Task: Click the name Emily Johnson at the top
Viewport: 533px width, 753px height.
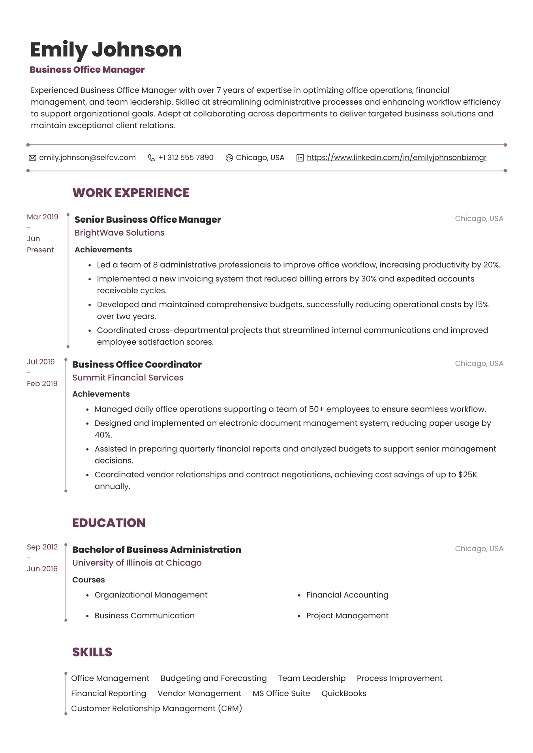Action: [x=105, y=50]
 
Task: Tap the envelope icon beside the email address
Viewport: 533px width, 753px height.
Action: [x=32, y=158]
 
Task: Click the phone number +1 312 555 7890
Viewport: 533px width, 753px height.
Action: [x=186, y=158]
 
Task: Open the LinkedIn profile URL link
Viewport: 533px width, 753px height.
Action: [x=396, y=158]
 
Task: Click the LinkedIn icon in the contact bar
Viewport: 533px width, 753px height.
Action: [x=300, y=158]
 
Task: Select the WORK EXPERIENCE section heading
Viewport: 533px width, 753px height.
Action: [x=131, y=193]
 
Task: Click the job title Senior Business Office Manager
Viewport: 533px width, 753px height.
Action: [x=148, y=220]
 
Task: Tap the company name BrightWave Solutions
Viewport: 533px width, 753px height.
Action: [x=119, y=233]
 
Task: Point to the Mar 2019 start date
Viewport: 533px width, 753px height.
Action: [x=42, y=217]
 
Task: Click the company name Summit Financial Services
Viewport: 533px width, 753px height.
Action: [x=128, y=377]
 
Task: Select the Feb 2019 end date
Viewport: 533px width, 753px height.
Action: [x=42, y=383]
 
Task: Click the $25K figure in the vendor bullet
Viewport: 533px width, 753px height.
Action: [x=467, y=475]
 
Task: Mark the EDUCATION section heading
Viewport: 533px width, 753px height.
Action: [x=109, y=523]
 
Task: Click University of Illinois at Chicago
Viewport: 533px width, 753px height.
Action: [x=137, y=563]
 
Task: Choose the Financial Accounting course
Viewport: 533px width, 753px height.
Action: [x=347, y=595]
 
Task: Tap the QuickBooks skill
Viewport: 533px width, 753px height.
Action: [x=343, y=693]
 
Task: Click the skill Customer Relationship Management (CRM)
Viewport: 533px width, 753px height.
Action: [x=156, y=708]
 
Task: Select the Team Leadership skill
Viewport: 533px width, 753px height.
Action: [x=312, y=678]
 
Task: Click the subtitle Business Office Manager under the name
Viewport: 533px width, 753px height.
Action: [x=87, y=70]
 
